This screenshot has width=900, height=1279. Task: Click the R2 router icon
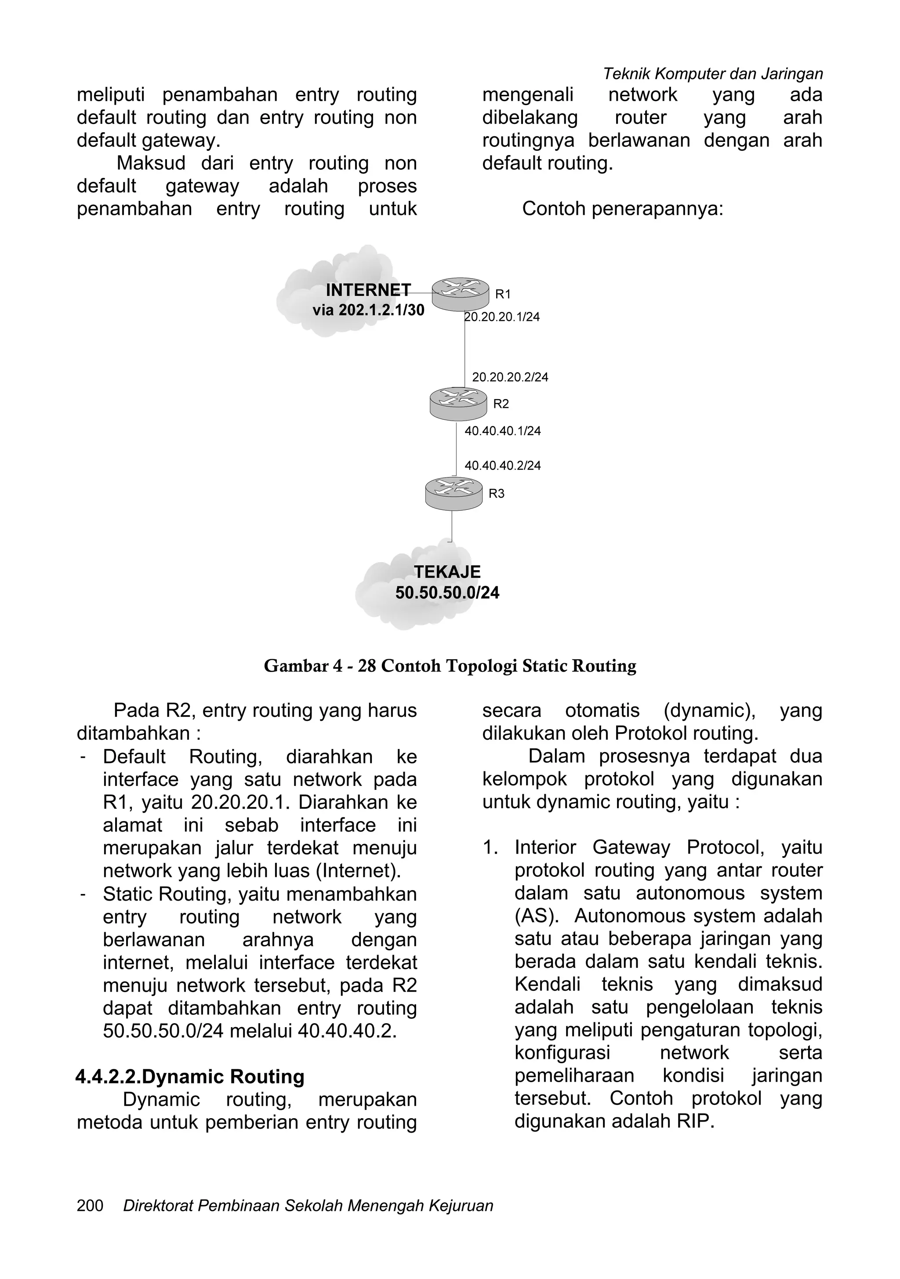[458, 404]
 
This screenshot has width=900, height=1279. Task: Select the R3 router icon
[454, 493]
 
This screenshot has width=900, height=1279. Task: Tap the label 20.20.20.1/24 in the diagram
[502, 317]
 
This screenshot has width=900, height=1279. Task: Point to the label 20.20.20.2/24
[510, 377]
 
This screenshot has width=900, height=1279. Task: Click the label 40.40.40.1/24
[502, 431]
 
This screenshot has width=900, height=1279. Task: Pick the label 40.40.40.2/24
[502, 465]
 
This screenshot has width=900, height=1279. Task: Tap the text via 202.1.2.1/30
[368, 310]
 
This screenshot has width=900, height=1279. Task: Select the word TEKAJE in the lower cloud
[447, 571]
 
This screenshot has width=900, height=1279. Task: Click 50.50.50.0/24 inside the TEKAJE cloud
[447, 592]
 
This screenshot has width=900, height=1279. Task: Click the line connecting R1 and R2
[465, 351]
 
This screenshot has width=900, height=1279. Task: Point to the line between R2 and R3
[456, 448]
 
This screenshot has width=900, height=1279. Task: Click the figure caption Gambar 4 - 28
[450, 666]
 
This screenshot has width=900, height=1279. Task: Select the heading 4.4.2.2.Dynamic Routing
[190, 1076]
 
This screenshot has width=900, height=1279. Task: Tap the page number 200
[90, 1221]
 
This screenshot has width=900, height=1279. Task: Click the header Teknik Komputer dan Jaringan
[712, 73]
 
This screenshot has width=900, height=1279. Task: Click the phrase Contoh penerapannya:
[622, 209]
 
